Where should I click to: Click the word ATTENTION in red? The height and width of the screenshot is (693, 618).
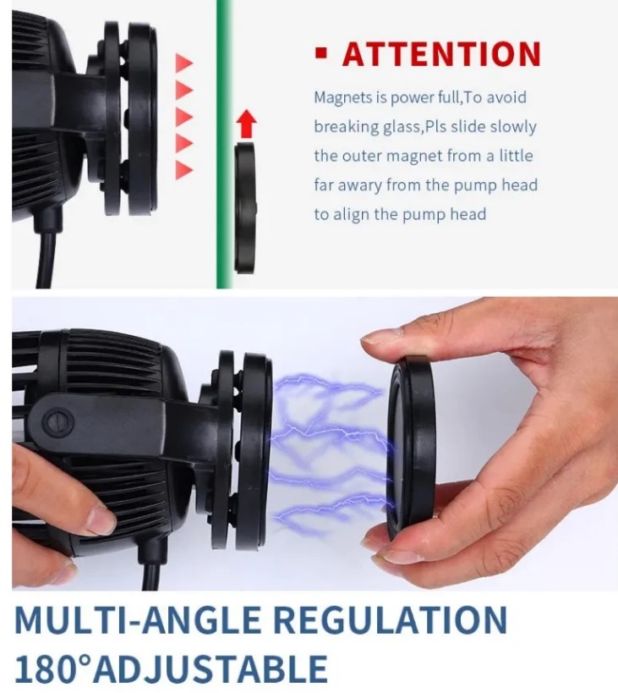441,54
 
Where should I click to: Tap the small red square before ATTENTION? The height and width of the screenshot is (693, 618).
321,53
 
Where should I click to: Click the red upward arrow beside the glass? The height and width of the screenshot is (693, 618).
246,124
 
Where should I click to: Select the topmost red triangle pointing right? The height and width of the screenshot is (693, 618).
184,63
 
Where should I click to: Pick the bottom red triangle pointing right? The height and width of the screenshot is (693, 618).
184,170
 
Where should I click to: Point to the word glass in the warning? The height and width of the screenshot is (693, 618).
402,127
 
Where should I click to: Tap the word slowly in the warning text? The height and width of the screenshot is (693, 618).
513,127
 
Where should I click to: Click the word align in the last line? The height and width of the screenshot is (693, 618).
352,214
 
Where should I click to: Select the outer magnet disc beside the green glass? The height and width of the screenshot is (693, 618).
244,207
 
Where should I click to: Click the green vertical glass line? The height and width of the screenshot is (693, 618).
224,144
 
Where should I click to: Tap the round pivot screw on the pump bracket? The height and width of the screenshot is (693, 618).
57,422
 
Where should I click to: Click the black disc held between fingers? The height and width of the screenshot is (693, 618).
411,448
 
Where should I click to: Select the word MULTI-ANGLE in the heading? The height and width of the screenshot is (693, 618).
137,619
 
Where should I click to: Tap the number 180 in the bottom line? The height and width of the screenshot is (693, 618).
43,668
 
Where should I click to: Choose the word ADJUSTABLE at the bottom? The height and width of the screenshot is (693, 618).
210,668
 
